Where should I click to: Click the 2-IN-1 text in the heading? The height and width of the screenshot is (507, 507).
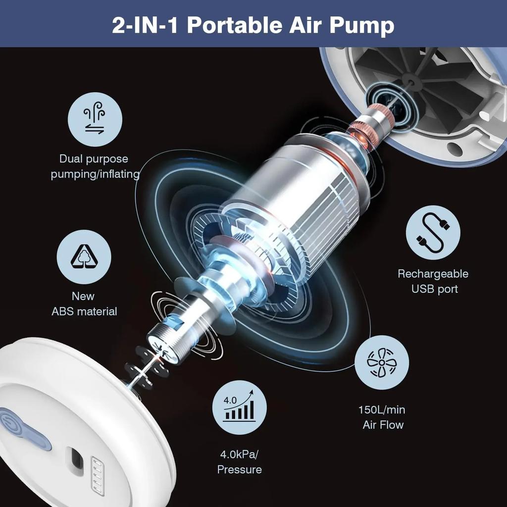pos(146,25)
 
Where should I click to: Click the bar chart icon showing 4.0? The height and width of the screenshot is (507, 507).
pos(240,407)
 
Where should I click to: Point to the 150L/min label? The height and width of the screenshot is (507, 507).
pos(382,409)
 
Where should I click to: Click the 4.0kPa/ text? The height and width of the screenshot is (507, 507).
pos(240,455)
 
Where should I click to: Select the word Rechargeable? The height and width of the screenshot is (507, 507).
pos(433,274)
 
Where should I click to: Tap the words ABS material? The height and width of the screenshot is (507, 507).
pos(84,311)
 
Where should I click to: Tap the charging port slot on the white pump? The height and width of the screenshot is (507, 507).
pos(75,461)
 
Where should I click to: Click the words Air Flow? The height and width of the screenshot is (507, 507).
pos(383,425)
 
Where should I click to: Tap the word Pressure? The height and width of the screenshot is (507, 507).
pos(240,470)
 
